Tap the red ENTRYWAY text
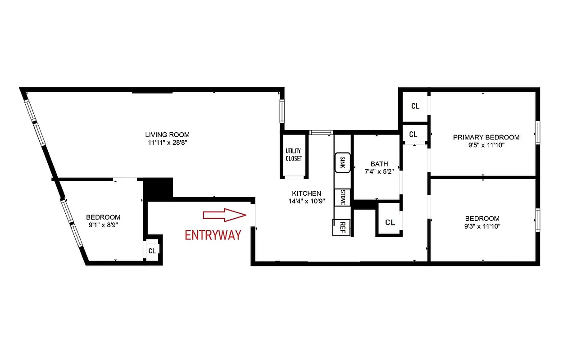[213, 234]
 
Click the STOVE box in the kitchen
[342, 198]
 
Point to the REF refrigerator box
[342, 227]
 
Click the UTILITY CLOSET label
[294, 155]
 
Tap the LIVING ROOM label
[167, 135]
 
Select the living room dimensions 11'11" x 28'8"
[167, 142]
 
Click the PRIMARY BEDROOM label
[486, 137]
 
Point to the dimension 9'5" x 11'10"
[486, 145]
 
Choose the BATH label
[379, 164]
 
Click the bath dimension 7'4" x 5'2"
[379, 171]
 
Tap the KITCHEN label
[306, 193]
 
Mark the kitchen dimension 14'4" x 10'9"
[306, 201]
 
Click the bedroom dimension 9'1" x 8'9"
[103, 225]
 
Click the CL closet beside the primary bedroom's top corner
[415, 107]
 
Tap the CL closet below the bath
[390, 222]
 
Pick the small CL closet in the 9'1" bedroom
[152, 251]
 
